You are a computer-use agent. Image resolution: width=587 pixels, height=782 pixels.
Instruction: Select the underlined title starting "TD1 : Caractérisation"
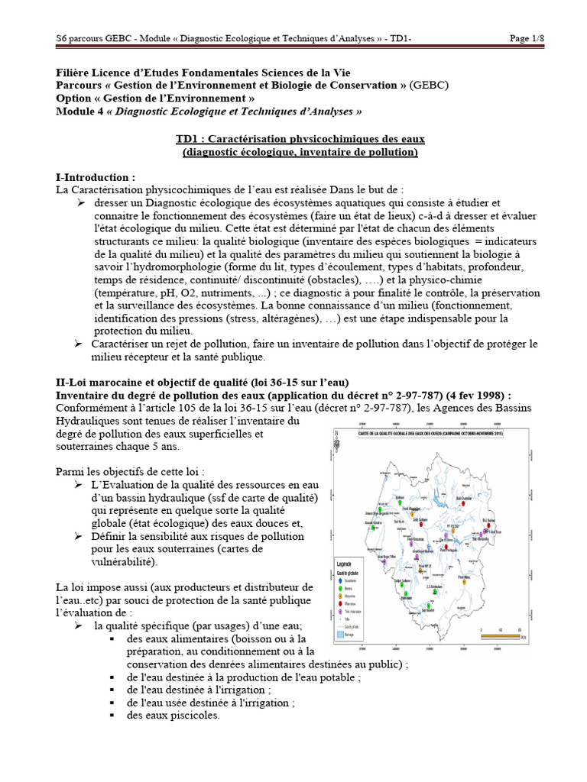[300, 139]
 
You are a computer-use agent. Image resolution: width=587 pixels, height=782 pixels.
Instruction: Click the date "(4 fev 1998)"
[472, 395]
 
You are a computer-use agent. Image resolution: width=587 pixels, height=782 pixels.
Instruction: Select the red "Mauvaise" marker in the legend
[339, 603]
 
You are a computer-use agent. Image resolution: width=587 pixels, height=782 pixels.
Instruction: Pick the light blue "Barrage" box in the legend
[339, 634]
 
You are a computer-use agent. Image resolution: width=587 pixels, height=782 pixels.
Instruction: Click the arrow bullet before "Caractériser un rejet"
[79, 344]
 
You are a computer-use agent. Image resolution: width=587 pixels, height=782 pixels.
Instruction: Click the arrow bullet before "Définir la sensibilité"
[79, 537]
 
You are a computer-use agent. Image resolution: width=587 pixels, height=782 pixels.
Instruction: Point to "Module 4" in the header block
[81, 111]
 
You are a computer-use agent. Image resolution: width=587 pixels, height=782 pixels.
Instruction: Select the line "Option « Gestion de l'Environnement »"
[155, 99]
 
